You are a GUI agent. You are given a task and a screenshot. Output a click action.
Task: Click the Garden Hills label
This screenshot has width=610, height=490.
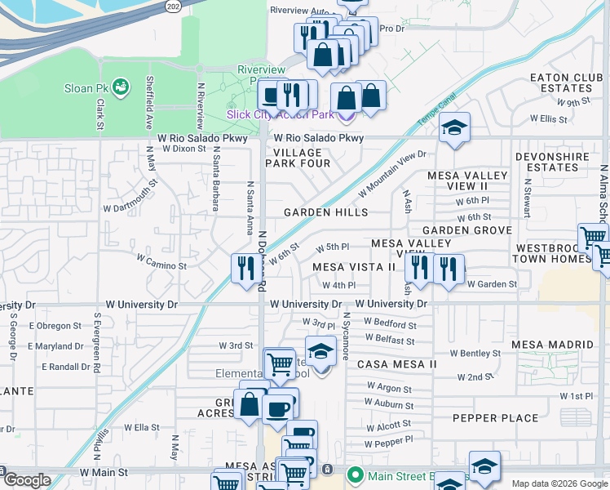click(x=325, y=212)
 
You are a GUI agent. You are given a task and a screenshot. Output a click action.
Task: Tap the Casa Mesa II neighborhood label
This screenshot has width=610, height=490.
click(x=398, y=363)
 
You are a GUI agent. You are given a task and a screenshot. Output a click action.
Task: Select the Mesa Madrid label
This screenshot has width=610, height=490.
click(x=549, y=345)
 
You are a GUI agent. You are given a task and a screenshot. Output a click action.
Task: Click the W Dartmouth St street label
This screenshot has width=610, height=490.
click(x=130, y=200)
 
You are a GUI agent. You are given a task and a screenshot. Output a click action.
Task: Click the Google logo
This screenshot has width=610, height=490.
click(x=26, y=480)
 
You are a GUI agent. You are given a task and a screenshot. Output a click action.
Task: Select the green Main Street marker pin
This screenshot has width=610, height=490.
click(x=355, y=474)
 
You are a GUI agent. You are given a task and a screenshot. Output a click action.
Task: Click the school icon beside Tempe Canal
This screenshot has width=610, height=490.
click(x=454, y=127)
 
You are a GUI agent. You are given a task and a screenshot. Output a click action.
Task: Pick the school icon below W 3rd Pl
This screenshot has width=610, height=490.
click(x=321, y=351)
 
